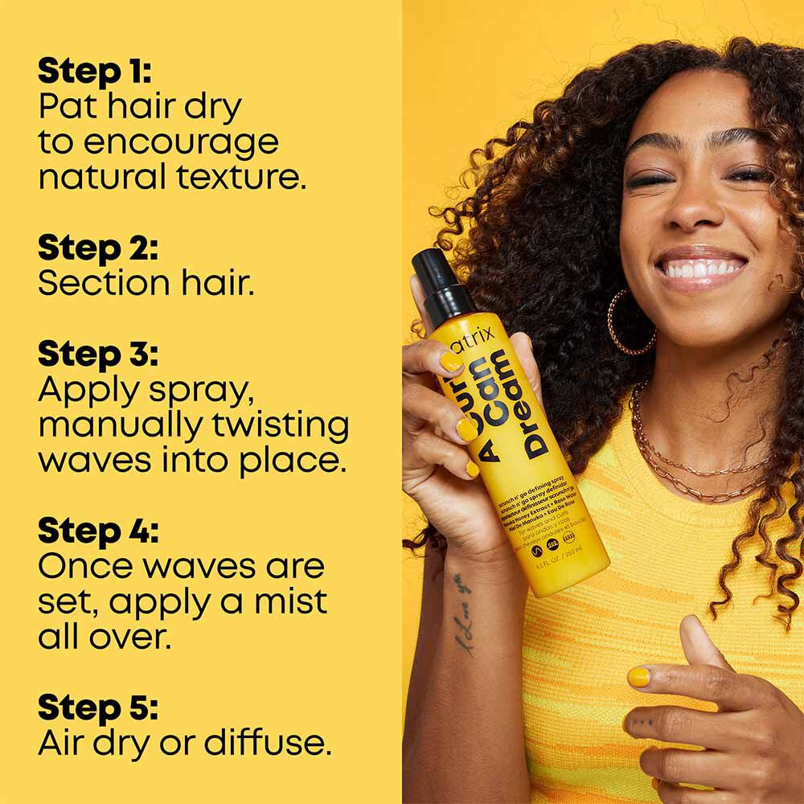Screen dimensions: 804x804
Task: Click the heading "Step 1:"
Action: [95, 72]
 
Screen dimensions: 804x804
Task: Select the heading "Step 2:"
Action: [98, 248]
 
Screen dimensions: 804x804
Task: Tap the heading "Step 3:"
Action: [98, 355]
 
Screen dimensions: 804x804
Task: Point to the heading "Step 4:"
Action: [98, 531]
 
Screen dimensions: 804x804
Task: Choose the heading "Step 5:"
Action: [98, 708]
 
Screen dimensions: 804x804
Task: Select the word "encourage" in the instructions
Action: [181, 142]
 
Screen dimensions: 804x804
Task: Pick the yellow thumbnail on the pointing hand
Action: [639, 677]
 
